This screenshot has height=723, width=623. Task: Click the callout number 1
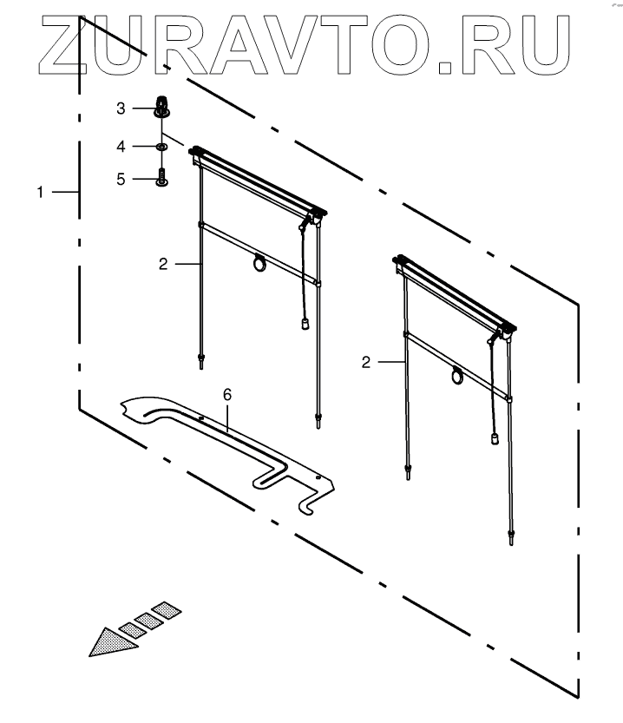[x=40, y=191]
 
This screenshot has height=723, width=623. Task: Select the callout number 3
[x=122, y=108]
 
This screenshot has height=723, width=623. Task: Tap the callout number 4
[x=122, y=145]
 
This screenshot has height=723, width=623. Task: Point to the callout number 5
[x=122, y=179]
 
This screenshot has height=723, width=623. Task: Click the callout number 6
[x=227, y=395]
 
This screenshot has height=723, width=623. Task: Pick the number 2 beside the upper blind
[x=162, y=264]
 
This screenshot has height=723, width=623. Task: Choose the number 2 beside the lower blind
[x=365, y=362]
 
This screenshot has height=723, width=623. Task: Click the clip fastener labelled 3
[x=161, y=107]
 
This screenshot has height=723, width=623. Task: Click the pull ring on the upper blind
[x=259, y=262]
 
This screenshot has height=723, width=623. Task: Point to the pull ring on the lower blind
[x=456, y=376]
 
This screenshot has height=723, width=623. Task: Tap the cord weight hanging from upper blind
[x=305, y=325]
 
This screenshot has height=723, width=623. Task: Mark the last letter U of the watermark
[x=556, y=43]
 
